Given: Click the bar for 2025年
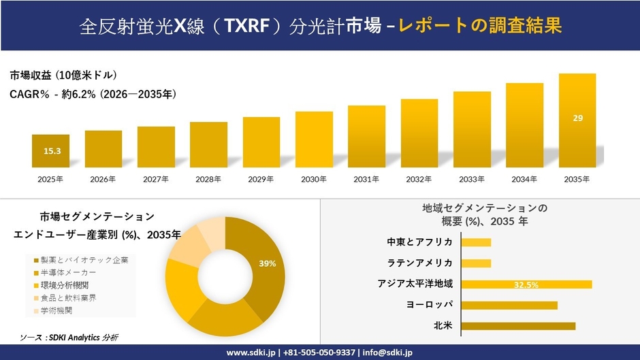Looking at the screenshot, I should coord(50,151).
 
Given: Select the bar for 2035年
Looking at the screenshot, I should coord(577,120).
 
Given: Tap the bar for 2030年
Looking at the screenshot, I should coord(314,140).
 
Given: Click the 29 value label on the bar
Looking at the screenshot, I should coord(577,118).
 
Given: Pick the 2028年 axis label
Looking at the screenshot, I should coord(208,180).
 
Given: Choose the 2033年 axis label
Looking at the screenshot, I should coord(472,180).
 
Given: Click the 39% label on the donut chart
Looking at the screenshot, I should coord(267,263).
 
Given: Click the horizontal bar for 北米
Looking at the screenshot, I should coord(518,326).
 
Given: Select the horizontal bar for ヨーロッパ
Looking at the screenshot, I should coord(509,305).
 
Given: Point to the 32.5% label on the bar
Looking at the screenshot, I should coord(526,284).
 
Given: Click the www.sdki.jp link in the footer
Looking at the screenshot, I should coord(250,353).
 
